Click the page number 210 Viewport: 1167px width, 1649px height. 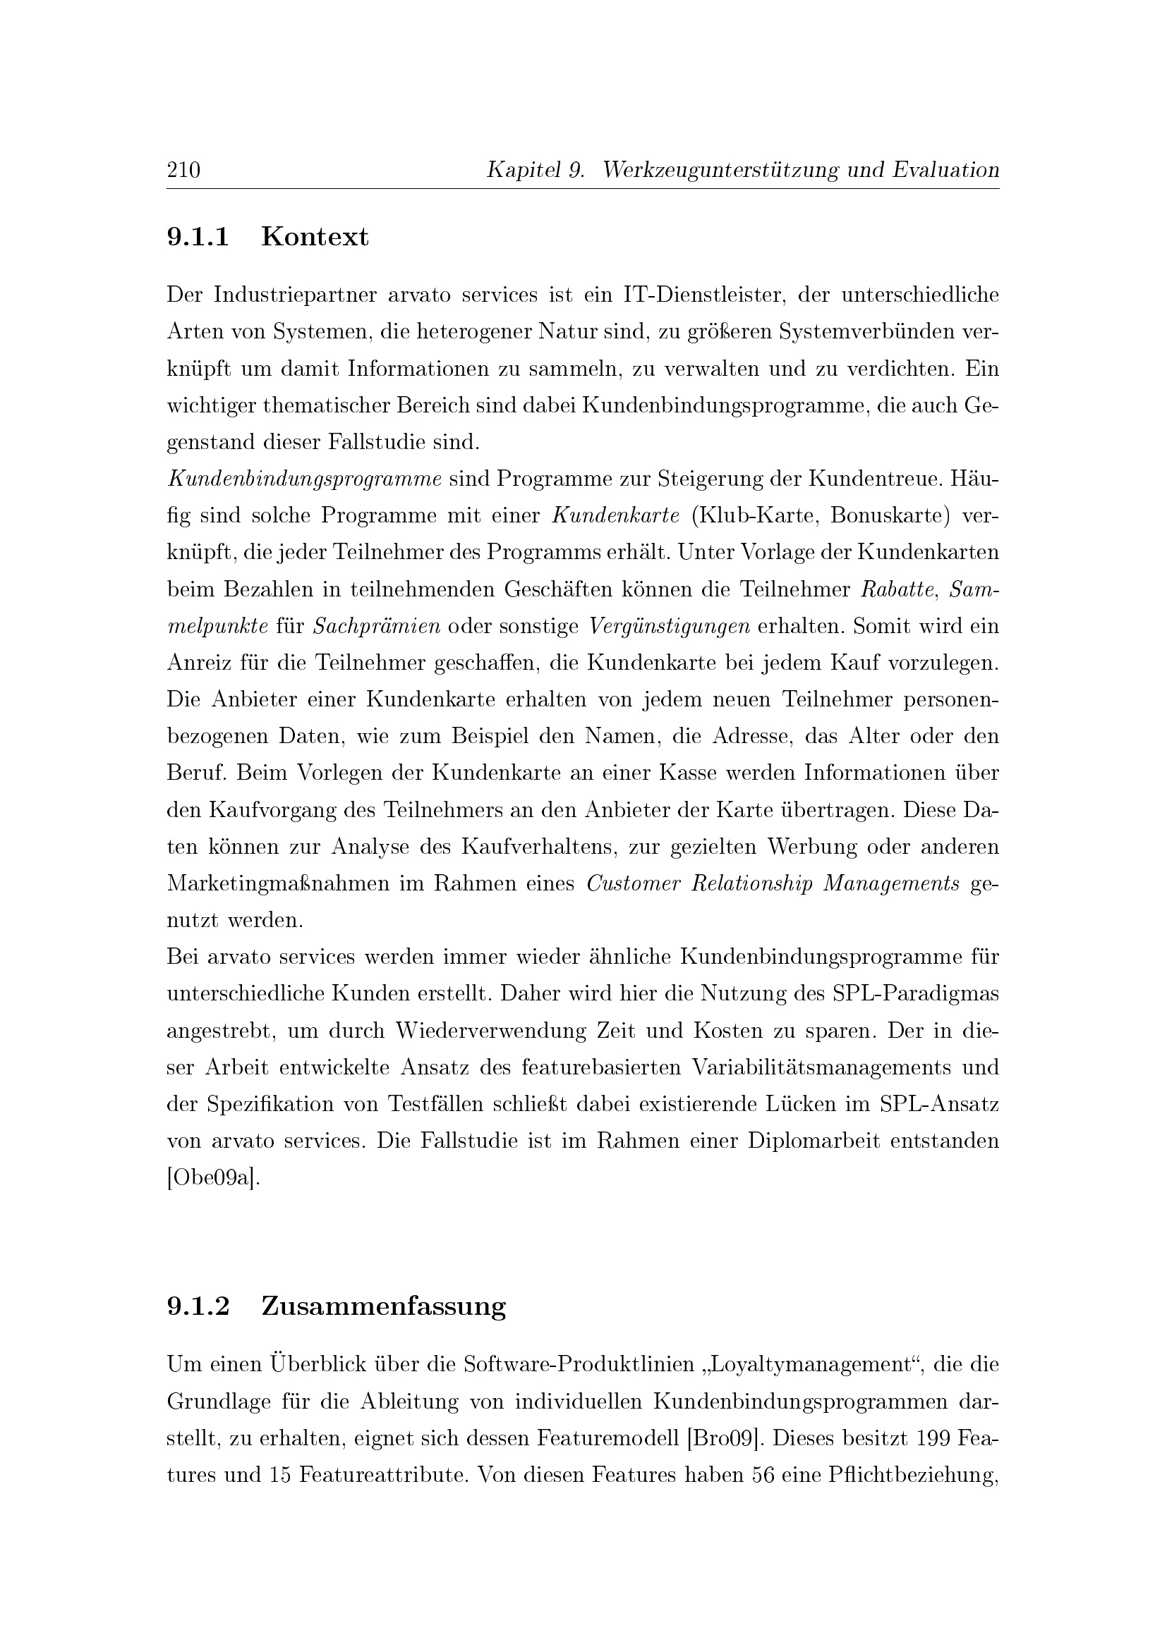click(x=183, y=170)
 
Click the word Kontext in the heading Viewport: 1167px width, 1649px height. click(x=315, y=236)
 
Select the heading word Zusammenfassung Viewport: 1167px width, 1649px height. click(x=383, y=1306)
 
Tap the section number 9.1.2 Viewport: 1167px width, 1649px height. click(x=198, y=1306)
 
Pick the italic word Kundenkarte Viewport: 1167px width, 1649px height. click(x=616, y=515)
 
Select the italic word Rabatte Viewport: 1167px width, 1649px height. click(x=897, y=589)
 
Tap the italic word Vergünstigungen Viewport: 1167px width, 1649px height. click(x=669, y=626)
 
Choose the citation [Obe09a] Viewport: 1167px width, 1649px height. click(x=212, y=1179)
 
